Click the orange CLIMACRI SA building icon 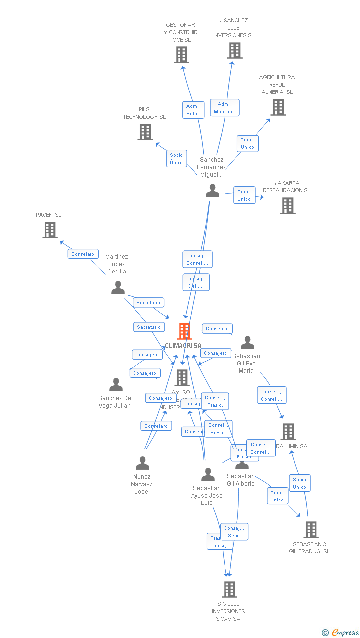point(184,331)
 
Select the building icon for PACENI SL point(50,230)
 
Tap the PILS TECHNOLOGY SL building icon point(145,132)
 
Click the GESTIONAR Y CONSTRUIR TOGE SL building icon point(181,55)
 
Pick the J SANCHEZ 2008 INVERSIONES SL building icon point(235,50)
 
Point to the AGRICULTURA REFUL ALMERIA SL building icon point(278,107)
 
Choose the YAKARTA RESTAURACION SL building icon point(288,206)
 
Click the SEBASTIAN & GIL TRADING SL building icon point(311,530)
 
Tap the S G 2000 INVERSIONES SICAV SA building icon point(229,590)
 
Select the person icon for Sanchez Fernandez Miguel point(213,191)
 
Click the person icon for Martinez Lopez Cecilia point(118,288)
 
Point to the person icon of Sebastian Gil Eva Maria point(247,343)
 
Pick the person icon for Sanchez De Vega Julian point(116,385)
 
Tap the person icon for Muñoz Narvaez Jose point(142,464)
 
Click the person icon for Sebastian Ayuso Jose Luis point(208,475)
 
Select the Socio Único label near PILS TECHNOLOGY point(177,159)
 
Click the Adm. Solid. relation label point(193,110)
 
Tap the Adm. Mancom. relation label point(225,108)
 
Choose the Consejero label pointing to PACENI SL point(83,254)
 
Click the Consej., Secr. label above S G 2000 point(234,532)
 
